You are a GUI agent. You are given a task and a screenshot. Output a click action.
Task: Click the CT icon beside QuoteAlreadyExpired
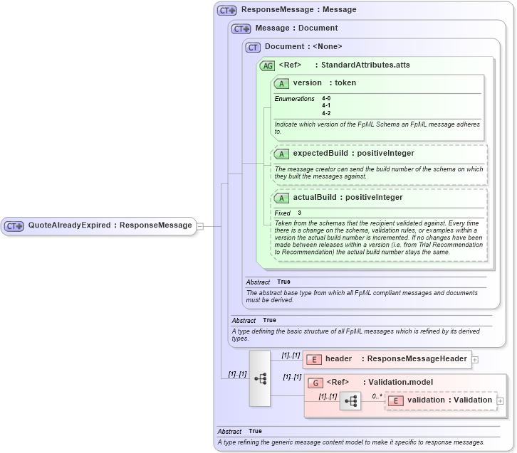click(x=14, y=225)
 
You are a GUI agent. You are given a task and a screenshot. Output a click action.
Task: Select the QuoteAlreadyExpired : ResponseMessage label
click(x=110, y=225)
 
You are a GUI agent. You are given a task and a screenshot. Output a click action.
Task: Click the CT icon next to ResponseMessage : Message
click(x=227, y=10)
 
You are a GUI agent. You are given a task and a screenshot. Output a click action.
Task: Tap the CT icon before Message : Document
click(x=241, y=28)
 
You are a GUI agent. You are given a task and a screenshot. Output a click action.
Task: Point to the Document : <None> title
click(x=303, y=47)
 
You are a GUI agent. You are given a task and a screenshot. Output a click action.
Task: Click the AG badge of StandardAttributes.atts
click(x=267, y=65)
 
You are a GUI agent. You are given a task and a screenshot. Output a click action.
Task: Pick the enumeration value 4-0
click(x=326, y=98)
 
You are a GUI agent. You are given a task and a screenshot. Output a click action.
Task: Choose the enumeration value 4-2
click(x=326, y=112)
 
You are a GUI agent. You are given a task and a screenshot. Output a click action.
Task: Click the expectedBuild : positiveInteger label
click(x=353, y=153)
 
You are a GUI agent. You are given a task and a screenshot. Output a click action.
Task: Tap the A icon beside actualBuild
click(x=281, y=198)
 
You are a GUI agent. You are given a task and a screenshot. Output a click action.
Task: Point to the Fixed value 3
click(x=299, y=213)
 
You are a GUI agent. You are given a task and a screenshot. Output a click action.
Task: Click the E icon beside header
click(x=314, y=360)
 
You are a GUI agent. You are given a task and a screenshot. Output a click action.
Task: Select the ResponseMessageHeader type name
click(x=417, y=360)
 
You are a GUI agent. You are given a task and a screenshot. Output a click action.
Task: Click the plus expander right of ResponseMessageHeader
click(x=475, y=360)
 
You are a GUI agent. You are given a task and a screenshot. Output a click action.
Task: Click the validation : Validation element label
click(x=449, y=400)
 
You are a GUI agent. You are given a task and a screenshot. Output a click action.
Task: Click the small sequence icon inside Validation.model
click(x=350, y=401)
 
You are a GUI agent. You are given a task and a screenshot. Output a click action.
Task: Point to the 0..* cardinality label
click(x=377, y=395)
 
